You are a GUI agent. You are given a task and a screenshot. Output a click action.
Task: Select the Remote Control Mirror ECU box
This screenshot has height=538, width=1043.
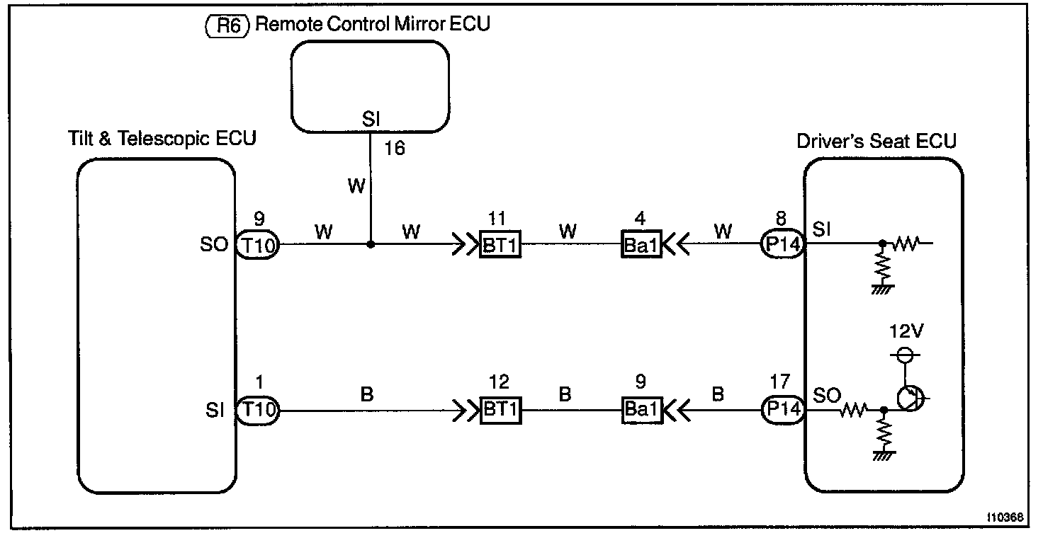tap(371, 86)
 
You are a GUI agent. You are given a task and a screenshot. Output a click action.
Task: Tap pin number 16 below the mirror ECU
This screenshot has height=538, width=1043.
tap(394, 149)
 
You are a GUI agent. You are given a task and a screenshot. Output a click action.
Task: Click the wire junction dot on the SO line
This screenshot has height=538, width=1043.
tap(371, 245)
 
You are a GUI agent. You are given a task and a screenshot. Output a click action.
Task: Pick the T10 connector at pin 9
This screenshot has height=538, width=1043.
tap(257, 245)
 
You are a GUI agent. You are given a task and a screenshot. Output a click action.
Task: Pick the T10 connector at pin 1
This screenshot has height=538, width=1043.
tap(257, 410)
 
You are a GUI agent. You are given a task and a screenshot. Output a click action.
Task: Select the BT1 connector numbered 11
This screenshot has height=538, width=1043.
tap(500, 245)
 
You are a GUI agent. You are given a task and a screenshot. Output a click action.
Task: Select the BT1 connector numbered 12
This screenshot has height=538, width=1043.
tap(500, 410)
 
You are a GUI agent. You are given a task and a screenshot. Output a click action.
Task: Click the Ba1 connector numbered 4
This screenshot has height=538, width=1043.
tap(641, 245)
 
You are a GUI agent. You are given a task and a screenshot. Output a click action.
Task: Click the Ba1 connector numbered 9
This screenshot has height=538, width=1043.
tap(641, 410)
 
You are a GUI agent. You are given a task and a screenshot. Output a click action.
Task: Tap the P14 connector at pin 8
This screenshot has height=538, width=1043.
tap(782, 245)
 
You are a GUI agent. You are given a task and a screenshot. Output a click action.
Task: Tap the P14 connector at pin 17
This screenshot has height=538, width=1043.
tap(782, 410)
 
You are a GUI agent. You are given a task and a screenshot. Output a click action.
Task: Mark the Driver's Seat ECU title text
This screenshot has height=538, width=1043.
tap(876, 140)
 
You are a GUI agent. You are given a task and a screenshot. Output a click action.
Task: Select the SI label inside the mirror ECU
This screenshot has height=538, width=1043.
tap(371, 121)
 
